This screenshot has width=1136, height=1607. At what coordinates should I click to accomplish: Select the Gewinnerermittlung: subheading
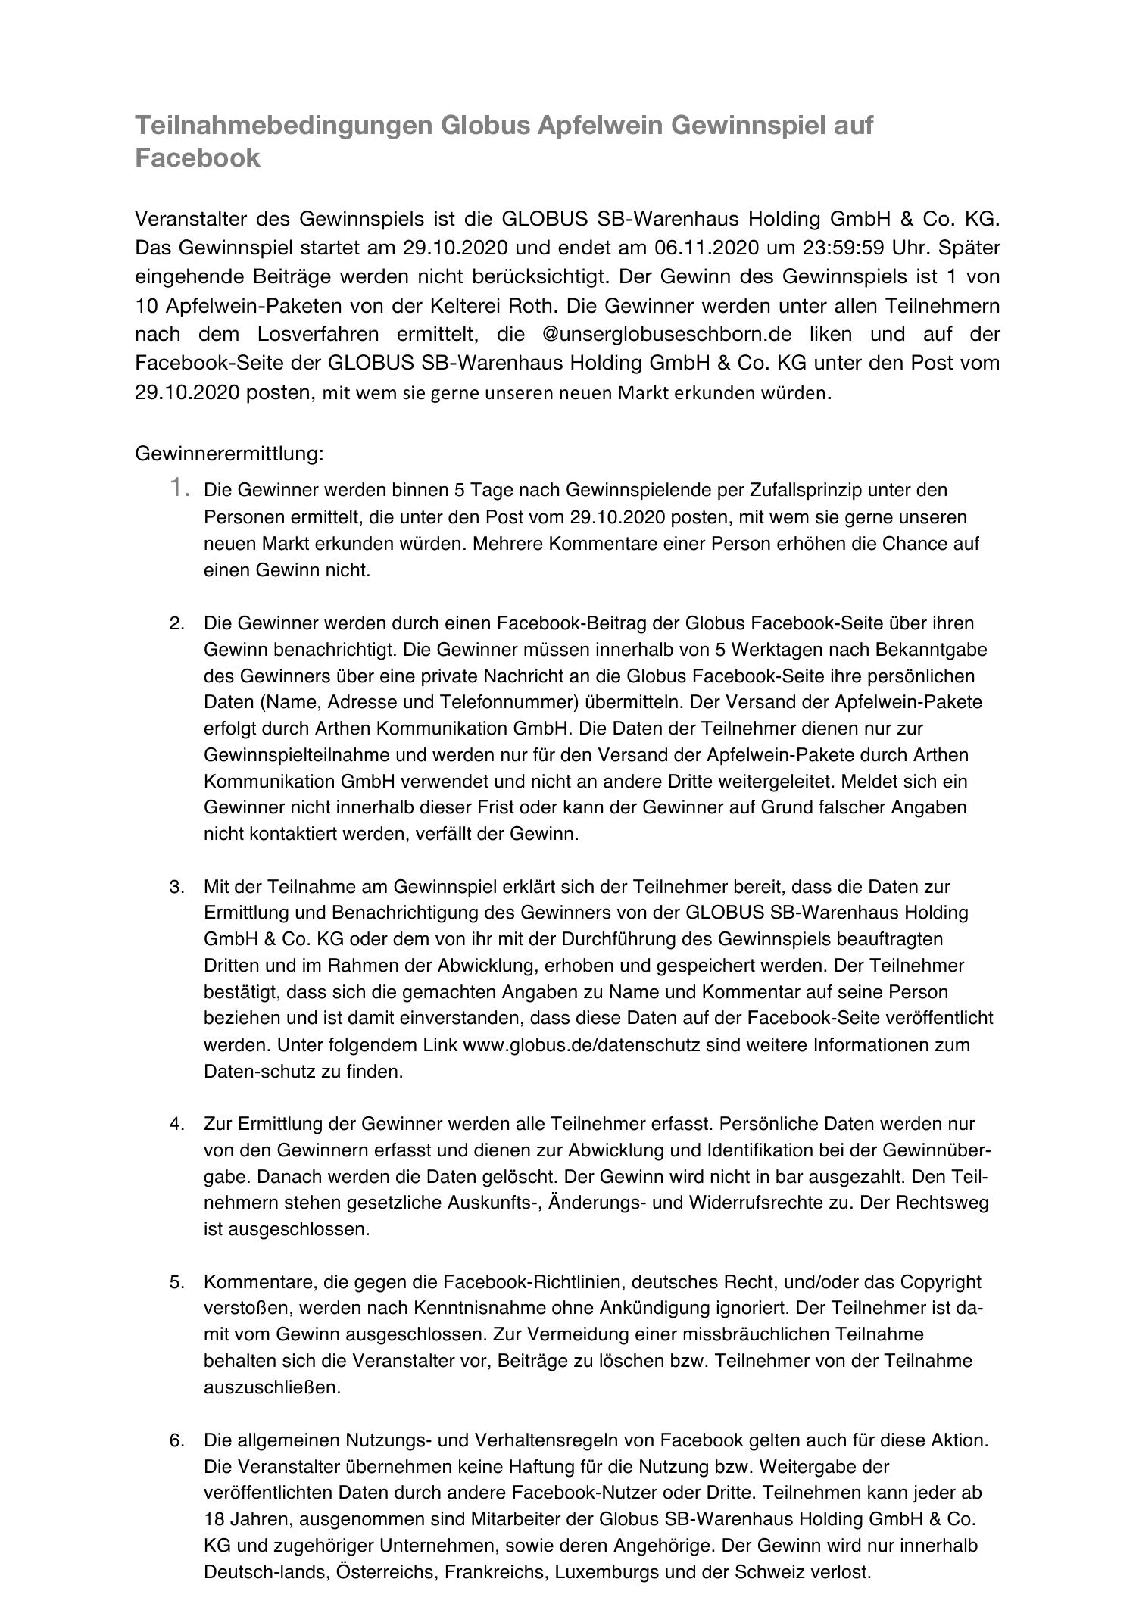point(229,454)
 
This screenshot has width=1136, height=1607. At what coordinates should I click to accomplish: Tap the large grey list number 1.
point(179,488)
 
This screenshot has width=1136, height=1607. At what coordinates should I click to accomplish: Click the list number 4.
point(177,1124)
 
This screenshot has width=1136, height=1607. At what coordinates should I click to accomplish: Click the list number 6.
point(177,1440)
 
